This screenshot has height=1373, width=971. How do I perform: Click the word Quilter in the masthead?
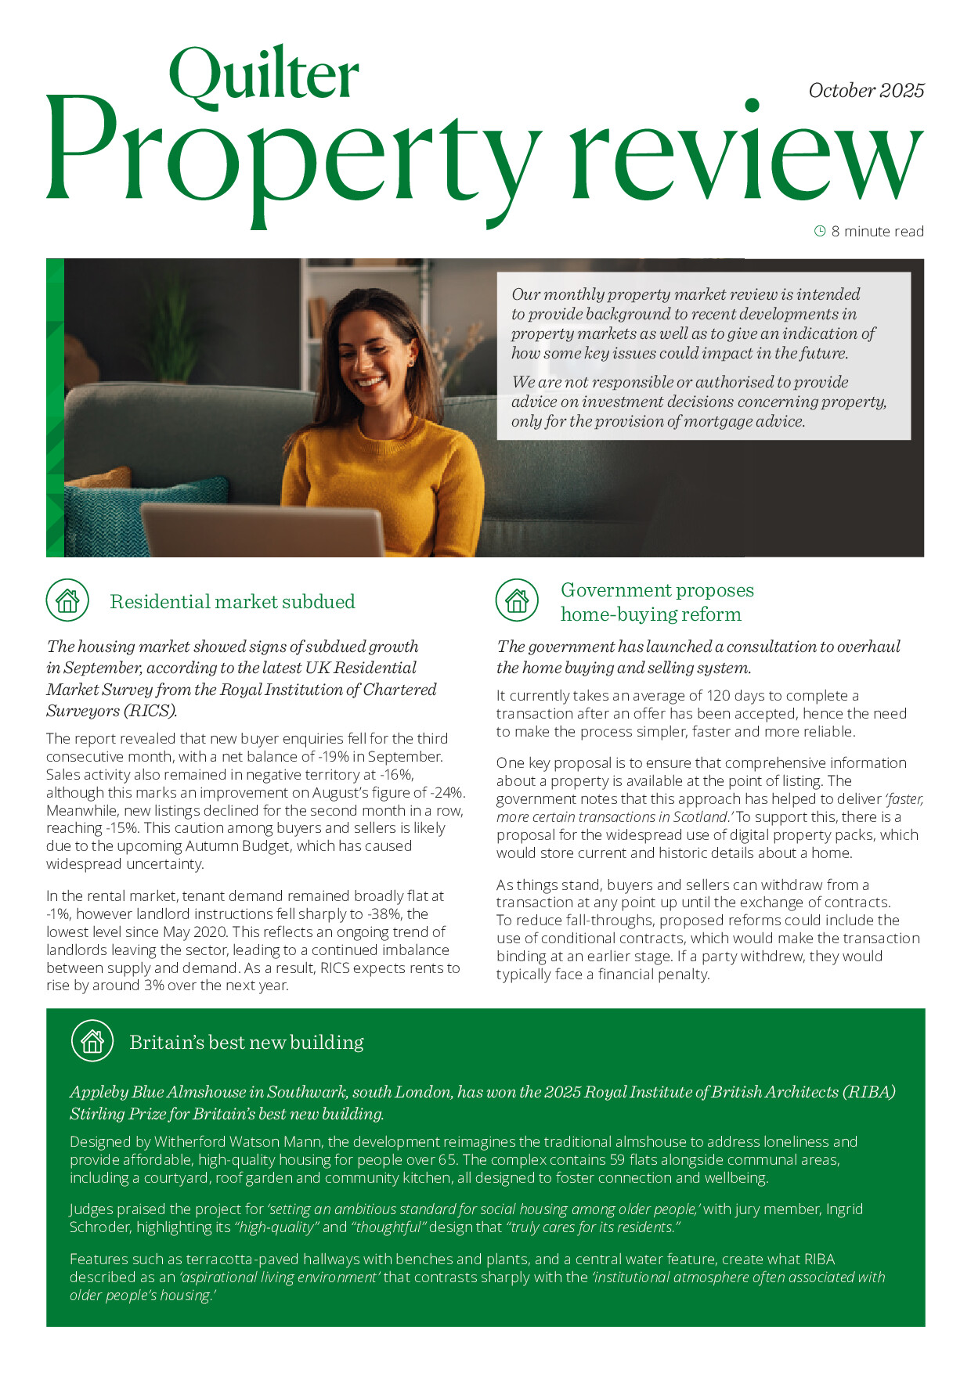(264, 74)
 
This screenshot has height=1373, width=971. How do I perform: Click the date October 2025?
(866, 91)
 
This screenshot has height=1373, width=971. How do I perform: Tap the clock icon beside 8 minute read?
(820, 231)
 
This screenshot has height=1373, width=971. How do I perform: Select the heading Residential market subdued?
(233, 602)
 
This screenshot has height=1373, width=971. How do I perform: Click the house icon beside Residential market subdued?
(67, 600)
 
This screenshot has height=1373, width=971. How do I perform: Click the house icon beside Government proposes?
(517, 601)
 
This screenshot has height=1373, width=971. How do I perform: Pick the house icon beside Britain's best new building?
(92, 1041)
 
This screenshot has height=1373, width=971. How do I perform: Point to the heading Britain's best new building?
(247, 1043)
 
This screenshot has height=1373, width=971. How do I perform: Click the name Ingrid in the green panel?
(844, 1209)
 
